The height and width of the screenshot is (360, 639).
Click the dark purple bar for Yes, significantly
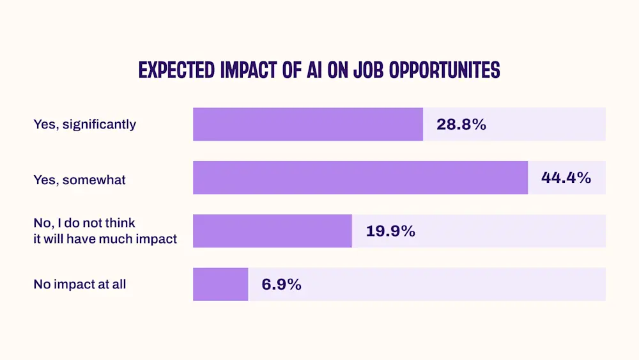307,124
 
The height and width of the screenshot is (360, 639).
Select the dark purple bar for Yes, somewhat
360,178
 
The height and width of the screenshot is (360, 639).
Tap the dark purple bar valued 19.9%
272,231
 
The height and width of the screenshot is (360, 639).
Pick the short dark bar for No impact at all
220,285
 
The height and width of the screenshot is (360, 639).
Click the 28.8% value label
461,125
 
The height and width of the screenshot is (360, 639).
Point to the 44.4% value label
566,178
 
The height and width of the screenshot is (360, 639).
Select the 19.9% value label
390,231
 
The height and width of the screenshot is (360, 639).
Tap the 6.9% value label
281,285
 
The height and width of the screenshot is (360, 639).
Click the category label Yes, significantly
84,124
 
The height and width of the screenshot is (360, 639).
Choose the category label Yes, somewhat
79,180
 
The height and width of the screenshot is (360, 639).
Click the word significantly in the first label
98,124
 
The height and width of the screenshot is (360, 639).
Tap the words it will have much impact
105,239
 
